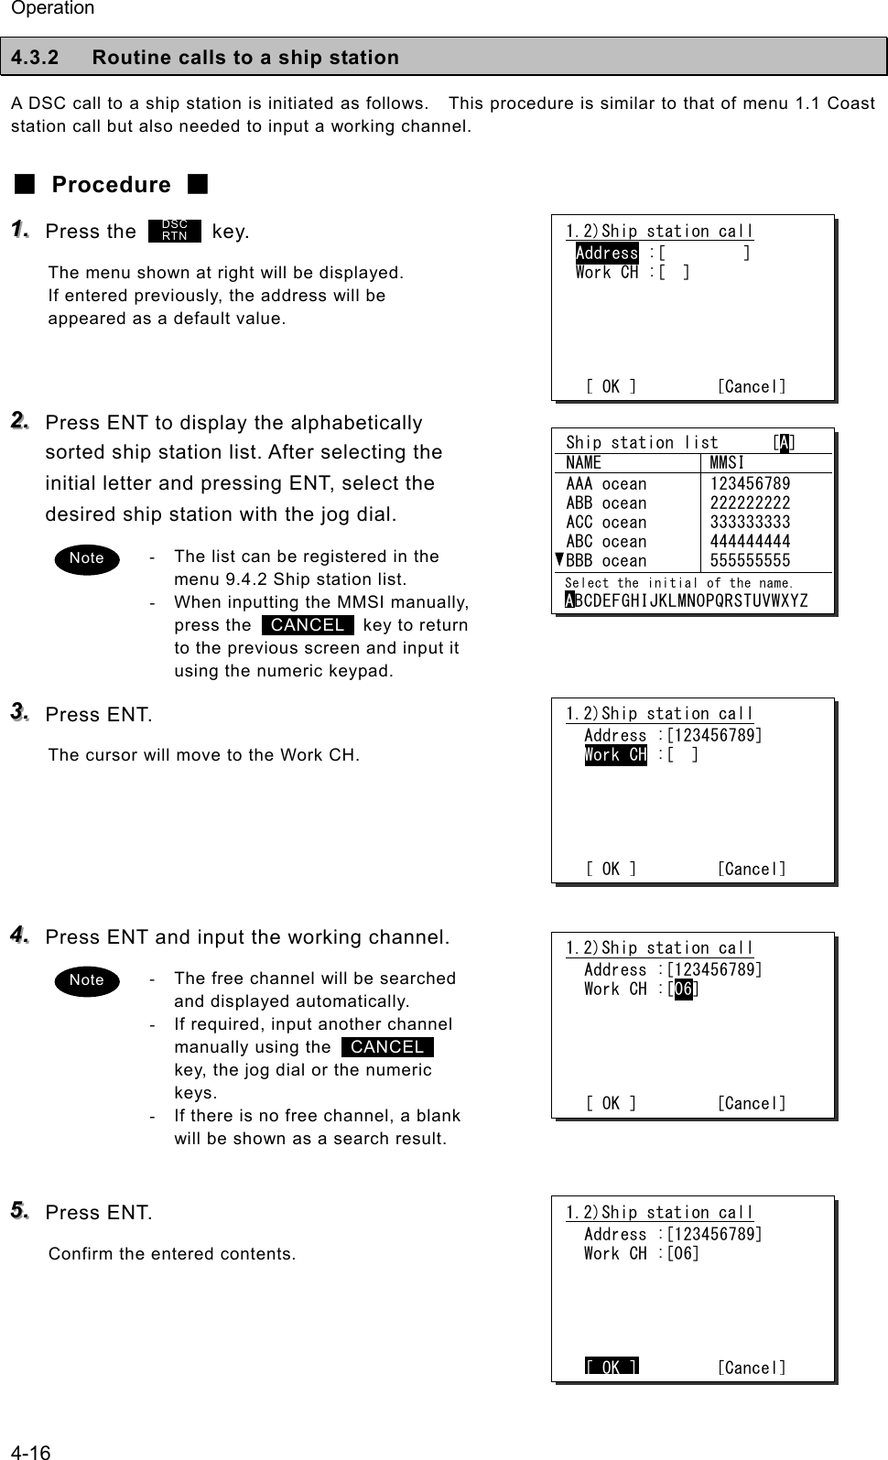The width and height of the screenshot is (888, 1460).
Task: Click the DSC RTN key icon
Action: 174,231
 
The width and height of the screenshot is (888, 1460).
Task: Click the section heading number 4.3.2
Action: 35,58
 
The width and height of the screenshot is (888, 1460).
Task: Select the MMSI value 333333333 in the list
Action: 750,523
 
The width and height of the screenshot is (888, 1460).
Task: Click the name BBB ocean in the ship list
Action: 606,561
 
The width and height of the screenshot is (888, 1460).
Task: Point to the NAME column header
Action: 584,463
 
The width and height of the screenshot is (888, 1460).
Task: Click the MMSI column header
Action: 727,463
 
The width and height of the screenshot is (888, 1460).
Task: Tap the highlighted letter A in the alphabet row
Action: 570,600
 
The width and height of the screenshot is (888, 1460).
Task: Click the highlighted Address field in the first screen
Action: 607,254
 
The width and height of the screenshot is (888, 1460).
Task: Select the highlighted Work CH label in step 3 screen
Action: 615,755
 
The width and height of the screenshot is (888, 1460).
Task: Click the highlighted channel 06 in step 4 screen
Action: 683,990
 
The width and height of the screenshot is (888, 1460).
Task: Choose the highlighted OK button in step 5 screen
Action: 612,1368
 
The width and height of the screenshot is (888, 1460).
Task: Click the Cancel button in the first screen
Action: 751,387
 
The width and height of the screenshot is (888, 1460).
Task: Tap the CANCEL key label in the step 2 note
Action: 308,625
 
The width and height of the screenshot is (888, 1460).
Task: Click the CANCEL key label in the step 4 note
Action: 387,1047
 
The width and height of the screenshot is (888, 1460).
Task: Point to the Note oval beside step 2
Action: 87,558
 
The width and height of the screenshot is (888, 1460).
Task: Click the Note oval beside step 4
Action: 87,980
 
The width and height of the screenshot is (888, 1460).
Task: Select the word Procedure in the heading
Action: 111,185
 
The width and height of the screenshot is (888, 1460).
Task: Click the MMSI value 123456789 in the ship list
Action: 750,484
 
